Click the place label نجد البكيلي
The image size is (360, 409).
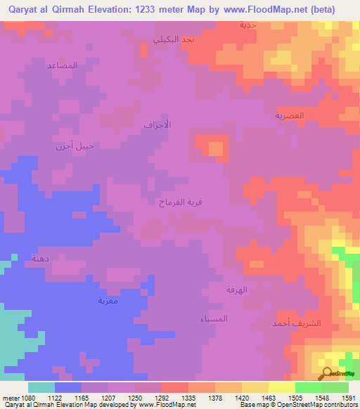pyautogui.click(x=178, y=39)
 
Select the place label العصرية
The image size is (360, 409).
pyautogui.click(x=289, y=115)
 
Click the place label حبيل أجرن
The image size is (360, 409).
pyautogui.click(x=75, y=146)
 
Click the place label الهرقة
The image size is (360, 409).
pyautogui.click(x=236, y=290)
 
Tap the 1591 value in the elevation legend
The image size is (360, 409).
pyautogui.click(x=347, y=397)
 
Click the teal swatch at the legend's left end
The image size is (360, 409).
pyautogui.click(x=41, y=387)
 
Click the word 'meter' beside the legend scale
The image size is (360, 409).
pyautogui.click(x=9, y=397)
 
